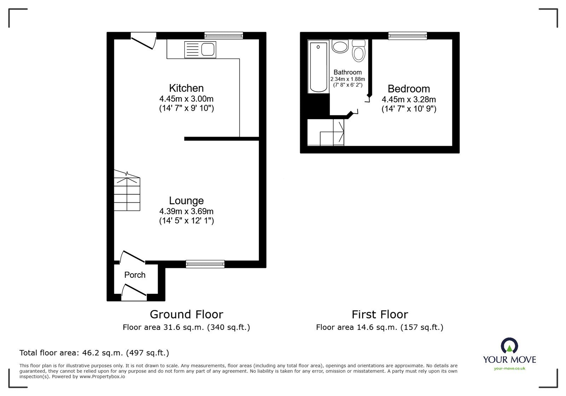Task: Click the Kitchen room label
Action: click(x=186, y=88)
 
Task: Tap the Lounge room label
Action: click(x=186, y=201)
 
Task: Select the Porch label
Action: click(x=135, y=275)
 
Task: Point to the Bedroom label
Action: click(x=409, y=89)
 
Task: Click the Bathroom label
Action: click(x=347, y=72)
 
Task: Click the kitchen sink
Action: click(x=200, y=50)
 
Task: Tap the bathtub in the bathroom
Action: click(x=318, y=66)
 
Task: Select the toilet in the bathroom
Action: click(x=359, y=51)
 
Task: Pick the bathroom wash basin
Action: click(x=340, y=46)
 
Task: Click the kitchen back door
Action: click(x=143, y=41)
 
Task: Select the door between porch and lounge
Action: click(x=132, y=257)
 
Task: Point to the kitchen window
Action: click(x=224, y=35)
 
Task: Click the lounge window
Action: click(x=205, y=264)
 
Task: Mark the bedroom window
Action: click(x=408, y=35)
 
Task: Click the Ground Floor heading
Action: click(x=186, y=314)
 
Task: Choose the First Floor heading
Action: click(x=380, y=314)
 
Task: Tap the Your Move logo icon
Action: click(x=509, y=346)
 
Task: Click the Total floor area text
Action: click(x=94, y=353)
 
